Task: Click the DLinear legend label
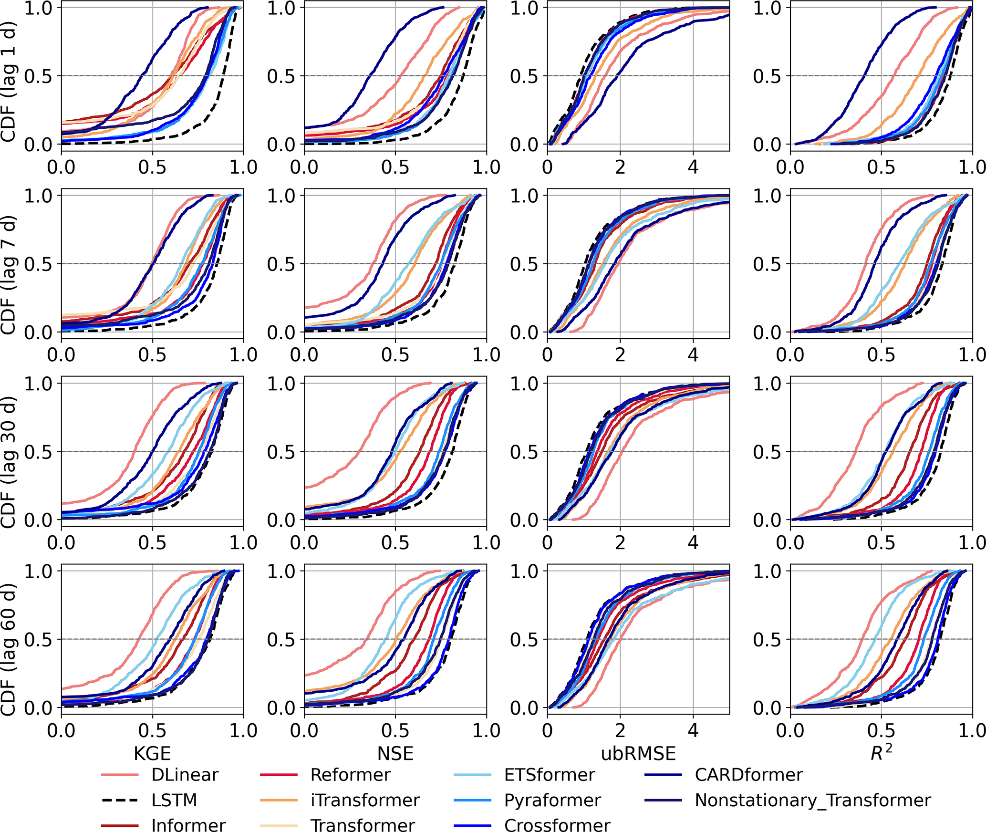pos(185,775)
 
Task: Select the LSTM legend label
pos(174,800)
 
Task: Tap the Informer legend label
pos(188,825)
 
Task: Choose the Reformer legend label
pos(350,775)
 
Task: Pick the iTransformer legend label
pos(365,800)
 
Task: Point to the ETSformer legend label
pos(550,775)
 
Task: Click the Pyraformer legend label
pos(552,800)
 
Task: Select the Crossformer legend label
pos(557,825)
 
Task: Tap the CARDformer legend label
pos(748,775)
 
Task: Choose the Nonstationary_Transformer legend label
pos(812,800)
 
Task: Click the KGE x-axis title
pos(152,753)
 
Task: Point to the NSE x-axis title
pos(395,753)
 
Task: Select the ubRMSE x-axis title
pos(638,753)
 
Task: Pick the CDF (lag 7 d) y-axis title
pos(9,275)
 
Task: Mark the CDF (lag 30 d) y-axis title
pos(9,462)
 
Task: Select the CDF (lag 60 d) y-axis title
pos(9,650)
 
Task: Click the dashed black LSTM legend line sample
pos(120,800)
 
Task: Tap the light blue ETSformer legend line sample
pos(472,775)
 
